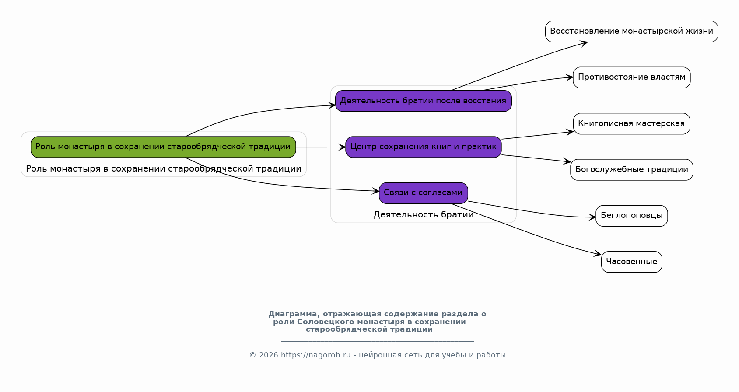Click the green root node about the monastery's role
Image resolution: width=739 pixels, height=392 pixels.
coord(163,147)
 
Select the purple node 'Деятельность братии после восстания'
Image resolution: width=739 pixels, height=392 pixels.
coord(423,101)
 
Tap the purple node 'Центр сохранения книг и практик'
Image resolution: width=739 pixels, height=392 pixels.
coord(423,147)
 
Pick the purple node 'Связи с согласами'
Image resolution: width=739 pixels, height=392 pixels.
coord(423,193)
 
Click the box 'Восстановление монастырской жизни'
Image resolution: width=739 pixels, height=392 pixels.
coord(631,31)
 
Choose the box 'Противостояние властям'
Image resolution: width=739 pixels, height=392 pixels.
coord(631,77)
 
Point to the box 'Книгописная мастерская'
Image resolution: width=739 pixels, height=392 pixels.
coord(631,124)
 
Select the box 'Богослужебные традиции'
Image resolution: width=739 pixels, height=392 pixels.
coord(631,170)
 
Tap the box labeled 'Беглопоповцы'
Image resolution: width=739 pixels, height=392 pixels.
coord(631,216)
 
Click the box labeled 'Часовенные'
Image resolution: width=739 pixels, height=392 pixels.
coord(631,262)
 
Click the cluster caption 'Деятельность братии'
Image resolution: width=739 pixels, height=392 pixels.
coord(423,215)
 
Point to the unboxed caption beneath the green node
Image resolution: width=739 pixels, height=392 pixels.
coord(163,168)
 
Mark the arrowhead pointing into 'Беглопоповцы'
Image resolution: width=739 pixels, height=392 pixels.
coord(592,217)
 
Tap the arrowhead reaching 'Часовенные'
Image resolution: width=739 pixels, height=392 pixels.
coord(598,254)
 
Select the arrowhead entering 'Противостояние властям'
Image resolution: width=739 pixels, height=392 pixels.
coord(569,77)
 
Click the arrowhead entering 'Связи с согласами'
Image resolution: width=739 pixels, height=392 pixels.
coord(375,191)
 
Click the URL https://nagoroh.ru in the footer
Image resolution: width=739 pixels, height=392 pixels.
coord(316,355)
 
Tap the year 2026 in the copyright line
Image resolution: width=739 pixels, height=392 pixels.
coord(268,355)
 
